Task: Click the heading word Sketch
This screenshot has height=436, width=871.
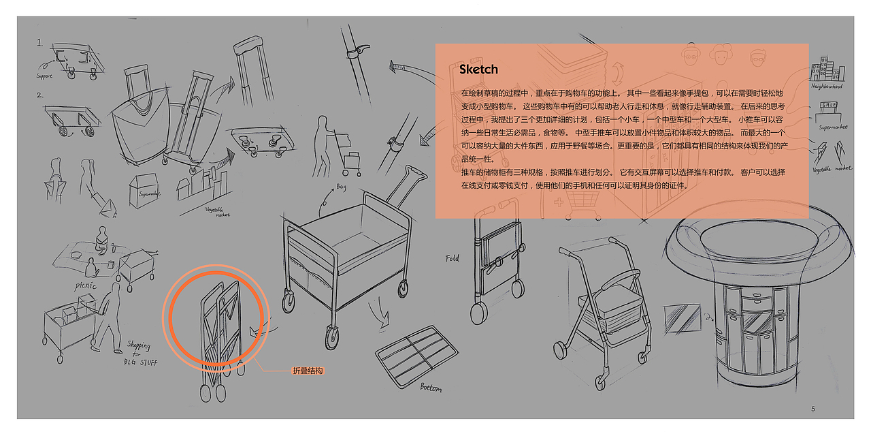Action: coord(478,69)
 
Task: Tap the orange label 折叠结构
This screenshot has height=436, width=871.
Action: coord(308,371)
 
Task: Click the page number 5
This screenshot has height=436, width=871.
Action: coord(813,409)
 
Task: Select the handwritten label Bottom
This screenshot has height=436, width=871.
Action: coord(430,388)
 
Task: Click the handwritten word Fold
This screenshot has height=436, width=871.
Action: coord(453,259)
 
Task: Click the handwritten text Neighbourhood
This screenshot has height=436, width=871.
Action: coord(827,87)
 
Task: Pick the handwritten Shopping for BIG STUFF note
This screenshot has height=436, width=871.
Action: coord(142,354)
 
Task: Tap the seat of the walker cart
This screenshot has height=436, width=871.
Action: coord(608,305)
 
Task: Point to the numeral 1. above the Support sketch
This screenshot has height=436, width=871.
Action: coord(40,43)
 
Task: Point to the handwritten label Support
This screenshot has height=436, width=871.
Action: coord(44,76)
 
